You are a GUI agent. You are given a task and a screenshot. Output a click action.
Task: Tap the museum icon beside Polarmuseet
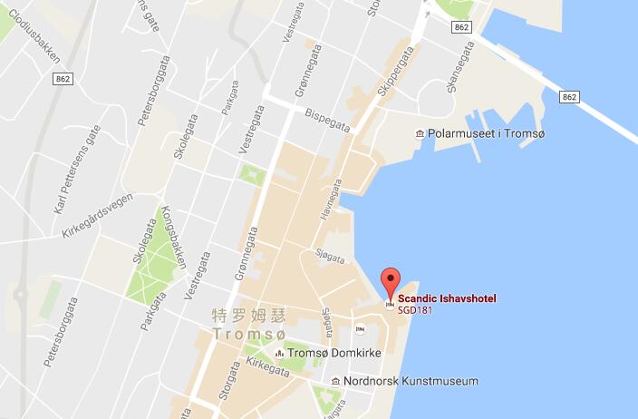(420, 134)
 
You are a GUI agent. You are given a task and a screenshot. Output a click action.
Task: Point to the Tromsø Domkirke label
(333, 353)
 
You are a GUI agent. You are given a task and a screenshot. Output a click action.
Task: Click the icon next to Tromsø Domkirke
(278, 353)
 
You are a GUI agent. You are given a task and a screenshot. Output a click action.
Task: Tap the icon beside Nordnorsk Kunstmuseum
(336, 381)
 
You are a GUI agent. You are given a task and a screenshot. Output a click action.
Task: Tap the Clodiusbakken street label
(38, 36)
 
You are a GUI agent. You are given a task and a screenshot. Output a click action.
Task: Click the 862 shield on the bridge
(569, 96)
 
